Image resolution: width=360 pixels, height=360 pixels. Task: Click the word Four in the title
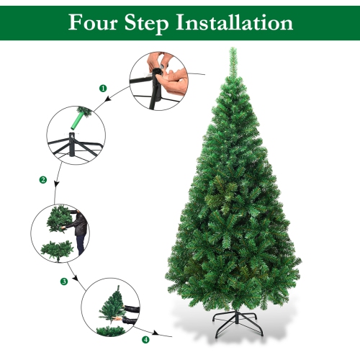coord(93,22)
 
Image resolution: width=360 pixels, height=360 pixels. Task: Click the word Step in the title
coord(145,23)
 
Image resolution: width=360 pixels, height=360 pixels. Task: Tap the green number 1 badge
coord(102,88)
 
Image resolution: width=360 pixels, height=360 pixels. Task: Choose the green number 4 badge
coord(146,339)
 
